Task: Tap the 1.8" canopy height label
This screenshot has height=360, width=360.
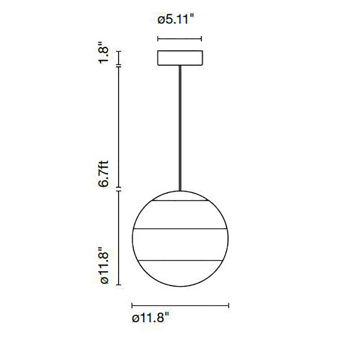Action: [104, 54]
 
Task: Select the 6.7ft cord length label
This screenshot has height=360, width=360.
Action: [104, 174]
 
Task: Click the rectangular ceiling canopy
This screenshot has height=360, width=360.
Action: [180, 58]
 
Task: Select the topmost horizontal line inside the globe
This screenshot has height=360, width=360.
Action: [180, 201]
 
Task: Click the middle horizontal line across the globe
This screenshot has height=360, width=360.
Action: [180, 229]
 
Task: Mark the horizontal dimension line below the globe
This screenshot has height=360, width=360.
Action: [180, 306]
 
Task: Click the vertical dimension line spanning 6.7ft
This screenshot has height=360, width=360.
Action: [119, 128]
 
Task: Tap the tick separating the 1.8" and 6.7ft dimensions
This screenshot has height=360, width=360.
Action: [119, 66]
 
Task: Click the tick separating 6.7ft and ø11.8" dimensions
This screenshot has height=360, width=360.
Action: [119, 189]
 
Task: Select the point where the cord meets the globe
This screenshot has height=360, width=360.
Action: [180, 190]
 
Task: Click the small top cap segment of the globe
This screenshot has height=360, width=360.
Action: [180, 196]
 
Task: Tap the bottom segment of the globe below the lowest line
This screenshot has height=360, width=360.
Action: [180, 274]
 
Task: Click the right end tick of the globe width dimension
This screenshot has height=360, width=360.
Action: [229, 306]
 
